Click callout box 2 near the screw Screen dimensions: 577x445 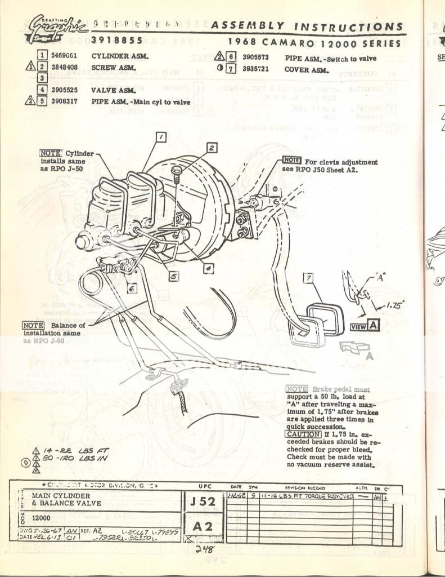click(211, 148)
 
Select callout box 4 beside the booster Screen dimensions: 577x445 click(208, 269)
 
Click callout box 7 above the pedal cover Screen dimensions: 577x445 click(307, 278)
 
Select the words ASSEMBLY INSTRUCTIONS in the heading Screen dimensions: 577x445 click(306, 26)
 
